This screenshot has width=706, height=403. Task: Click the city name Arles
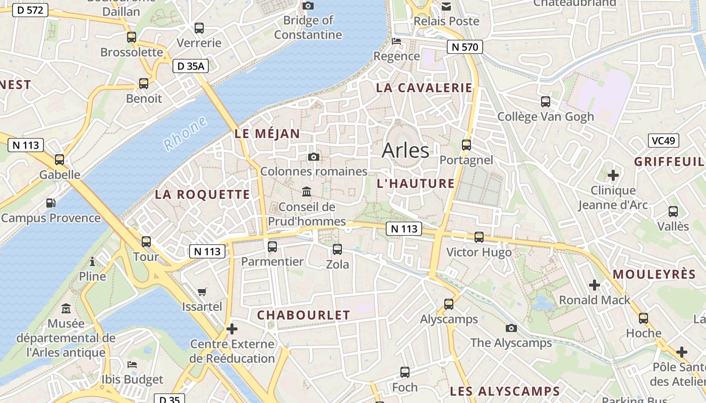[405, 150]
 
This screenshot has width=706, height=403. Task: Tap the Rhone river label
[185, 133]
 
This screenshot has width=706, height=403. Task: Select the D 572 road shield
[30, 10]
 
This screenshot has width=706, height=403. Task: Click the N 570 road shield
[464, 47]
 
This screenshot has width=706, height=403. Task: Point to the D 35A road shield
[190, 66]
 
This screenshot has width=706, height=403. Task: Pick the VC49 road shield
[663, 141]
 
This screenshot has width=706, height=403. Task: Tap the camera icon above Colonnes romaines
[313, 157]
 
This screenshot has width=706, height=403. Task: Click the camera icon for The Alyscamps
[511, 328]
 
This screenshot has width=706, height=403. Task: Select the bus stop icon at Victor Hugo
[479, 237]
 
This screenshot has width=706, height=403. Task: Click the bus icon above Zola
[337, 249]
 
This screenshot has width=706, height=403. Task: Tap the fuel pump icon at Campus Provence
[51, 203]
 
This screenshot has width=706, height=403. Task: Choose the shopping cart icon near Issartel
[202, 292]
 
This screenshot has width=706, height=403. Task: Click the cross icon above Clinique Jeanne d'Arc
[613, 175]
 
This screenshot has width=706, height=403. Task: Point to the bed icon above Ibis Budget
[132, 364]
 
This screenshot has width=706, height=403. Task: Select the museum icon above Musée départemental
[66, 308]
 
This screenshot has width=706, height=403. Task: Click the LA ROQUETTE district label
[202, 194]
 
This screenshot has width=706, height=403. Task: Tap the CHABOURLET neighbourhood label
[304, 315]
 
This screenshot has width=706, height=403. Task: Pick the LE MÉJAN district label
[267, 134]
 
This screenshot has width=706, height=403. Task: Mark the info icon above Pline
[92, 261]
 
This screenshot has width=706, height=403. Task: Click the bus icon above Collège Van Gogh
[545, 102]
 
